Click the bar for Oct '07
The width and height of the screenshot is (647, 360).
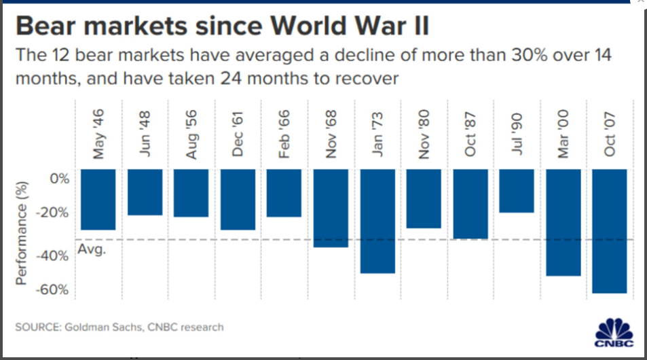609,231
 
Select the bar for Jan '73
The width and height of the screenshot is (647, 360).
377,221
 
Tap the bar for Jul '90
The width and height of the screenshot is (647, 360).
516,191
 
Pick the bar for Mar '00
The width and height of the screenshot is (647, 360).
563,222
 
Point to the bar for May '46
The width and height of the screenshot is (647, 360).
98,200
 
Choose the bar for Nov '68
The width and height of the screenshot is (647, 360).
331,208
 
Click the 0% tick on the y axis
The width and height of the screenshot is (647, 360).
60,179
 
